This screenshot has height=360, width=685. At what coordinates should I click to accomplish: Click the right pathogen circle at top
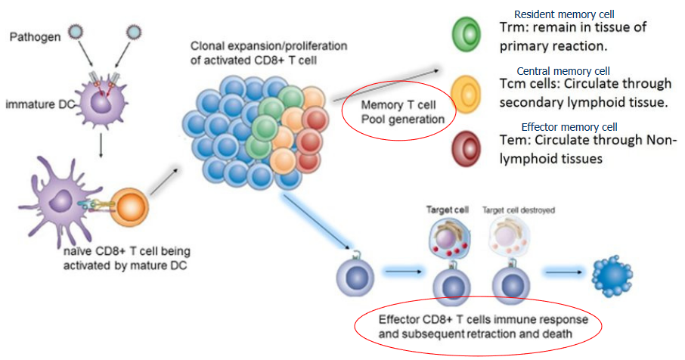133,31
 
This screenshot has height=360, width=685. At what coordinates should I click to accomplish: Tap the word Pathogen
36,37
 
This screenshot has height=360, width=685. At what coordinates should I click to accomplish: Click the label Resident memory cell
563,14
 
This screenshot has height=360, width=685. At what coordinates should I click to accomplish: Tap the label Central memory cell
561,70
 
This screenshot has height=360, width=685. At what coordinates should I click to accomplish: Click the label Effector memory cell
569,126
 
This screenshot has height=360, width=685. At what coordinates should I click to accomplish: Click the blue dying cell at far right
613,274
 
